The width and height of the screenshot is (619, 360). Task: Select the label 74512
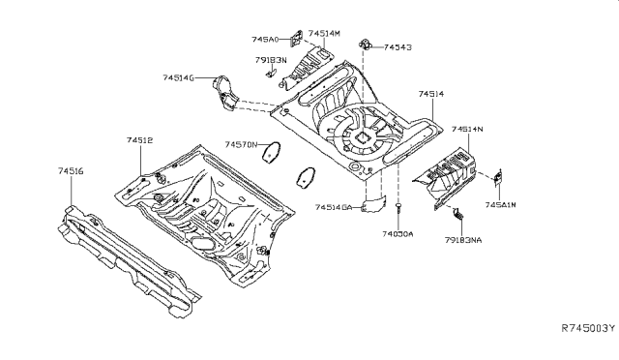point(139,140)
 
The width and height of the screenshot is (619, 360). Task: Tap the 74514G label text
point(178,77)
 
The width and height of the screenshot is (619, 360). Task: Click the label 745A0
point(265,40)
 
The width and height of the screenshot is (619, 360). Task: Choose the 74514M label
point(324,33)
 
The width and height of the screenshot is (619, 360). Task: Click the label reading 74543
point(398,46)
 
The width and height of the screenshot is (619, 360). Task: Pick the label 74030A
point(397,233)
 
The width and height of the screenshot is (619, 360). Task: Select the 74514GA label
point(337,207)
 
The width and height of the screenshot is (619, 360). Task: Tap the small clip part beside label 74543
point(367,44)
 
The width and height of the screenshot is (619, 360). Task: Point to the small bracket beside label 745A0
point(299,38)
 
